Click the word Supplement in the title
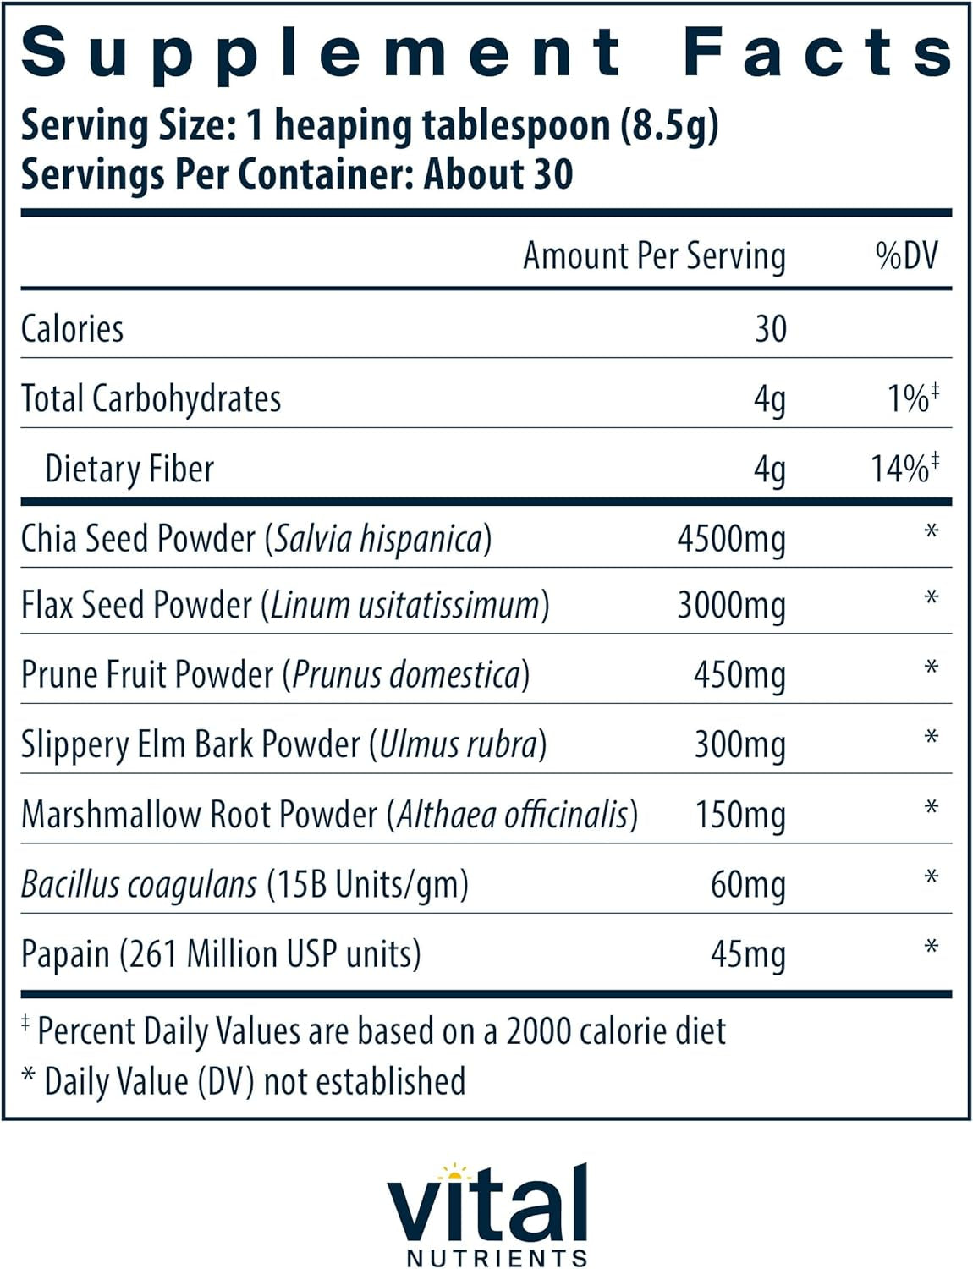322,52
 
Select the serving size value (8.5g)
669,126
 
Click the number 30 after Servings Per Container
552,174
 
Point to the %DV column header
907,255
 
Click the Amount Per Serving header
654,255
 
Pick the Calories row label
73,329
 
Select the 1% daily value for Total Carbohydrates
910,398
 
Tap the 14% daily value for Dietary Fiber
902,469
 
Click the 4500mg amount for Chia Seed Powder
731,539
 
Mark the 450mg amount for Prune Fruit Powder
739,675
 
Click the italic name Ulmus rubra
458,744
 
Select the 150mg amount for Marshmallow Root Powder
740,815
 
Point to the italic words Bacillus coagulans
139,885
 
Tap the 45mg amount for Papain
748,954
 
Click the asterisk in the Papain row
932,948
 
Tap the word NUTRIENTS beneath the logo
497,1258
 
